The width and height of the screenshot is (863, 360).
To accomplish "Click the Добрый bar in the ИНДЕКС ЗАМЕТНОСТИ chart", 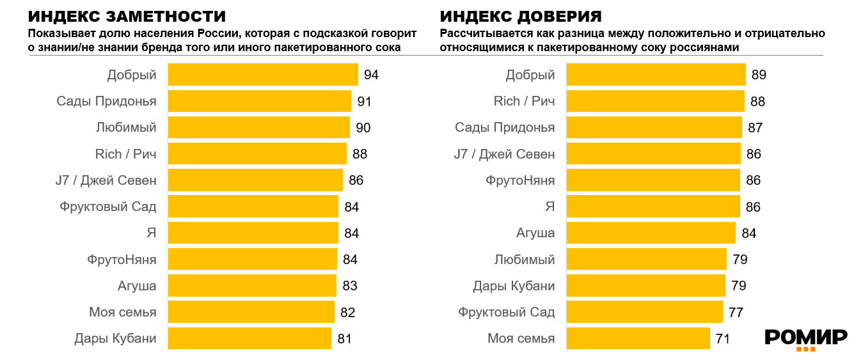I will click(x=262, y=75).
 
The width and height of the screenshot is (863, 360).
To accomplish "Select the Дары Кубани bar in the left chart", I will click(x=249, y=338).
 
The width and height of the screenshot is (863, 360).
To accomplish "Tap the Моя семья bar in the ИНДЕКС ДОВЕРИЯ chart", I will click(x=638, y=338).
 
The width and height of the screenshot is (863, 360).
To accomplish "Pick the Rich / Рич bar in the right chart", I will click(x=656, y=101).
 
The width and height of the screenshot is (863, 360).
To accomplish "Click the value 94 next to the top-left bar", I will click(x=371, y=75).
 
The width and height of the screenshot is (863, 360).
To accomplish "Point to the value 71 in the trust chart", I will click(x=723, y=338).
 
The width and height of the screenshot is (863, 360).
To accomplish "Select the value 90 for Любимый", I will click(x=363, y=128).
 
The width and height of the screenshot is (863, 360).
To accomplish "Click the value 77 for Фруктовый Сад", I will click(x=736, y=312).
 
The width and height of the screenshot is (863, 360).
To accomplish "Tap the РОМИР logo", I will click(x=806, y=339).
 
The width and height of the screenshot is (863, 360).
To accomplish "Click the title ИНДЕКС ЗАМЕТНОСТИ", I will click(x=127, y=17).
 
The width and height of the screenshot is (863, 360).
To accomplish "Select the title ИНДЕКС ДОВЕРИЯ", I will click(x=521, y=17).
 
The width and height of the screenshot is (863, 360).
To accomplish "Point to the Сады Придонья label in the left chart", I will click(x=106, y=101).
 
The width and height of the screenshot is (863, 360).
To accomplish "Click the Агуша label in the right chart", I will click(x=535, y=233).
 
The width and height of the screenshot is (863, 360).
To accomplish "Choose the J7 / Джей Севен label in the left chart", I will click(x=106, y=180).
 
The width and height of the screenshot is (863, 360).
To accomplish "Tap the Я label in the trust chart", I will click(x=550, y=207).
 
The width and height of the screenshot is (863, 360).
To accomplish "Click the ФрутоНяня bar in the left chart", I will click(x=252, y=259).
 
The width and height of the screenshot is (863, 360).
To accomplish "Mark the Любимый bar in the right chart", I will click(x=647, y=259).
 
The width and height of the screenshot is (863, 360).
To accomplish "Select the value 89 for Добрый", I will click(x=759, y=75).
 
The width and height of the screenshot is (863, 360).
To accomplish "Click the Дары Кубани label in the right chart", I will click(x=514, y=286).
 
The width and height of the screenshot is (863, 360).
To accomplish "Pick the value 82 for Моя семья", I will click(x=347, y=312).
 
